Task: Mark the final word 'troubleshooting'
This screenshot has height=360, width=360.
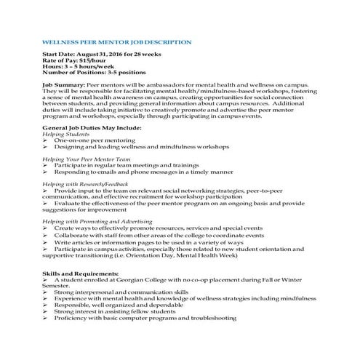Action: [x=211, y=318]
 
